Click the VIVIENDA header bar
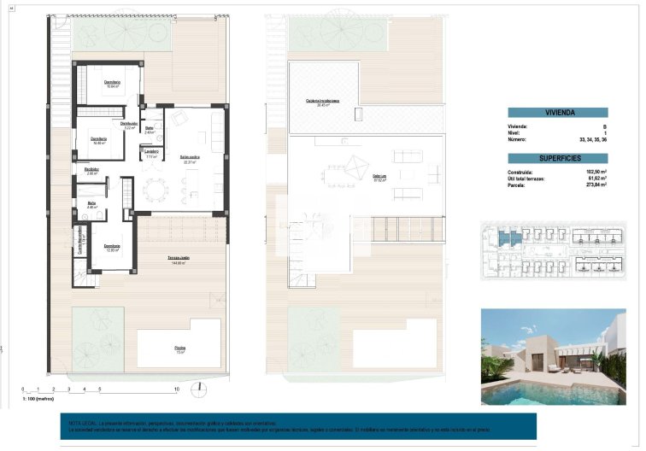coord(557,113)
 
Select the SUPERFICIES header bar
coord(557,159)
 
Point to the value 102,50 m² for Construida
coord(595,172)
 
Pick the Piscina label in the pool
coord(179,348)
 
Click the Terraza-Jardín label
coord(178,257)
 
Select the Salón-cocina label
coord(190,159)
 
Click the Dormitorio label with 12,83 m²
coord(113,247)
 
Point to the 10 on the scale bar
coord(175,389)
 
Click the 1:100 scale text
coord(38,399)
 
